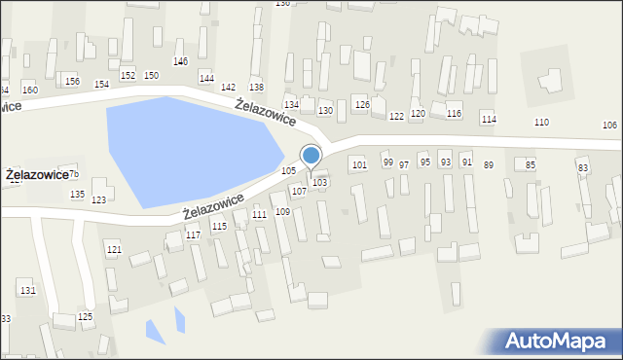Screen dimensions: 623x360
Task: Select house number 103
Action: [319, 183]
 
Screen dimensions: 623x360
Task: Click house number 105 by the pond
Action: [288, 171]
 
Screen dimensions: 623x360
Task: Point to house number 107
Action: [299, 192]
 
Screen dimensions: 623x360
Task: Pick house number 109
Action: [282, 212]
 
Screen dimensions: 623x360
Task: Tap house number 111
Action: [259, 214]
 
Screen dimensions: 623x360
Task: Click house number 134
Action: [290, 104]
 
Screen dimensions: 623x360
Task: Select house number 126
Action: [362, 104]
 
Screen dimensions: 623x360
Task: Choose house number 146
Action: [180, 61]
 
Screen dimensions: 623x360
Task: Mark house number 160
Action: [30, 90]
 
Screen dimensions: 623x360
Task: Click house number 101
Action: [359, 165]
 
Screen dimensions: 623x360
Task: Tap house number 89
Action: [489, 165]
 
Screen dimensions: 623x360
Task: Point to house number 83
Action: [583, 168]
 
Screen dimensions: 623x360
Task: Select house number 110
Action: [541, 123]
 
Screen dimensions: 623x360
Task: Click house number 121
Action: [114, 250]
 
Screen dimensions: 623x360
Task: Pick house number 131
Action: [27, 291]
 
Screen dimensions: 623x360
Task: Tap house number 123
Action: [98, 200]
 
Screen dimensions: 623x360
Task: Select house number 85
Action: [531, 165]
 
